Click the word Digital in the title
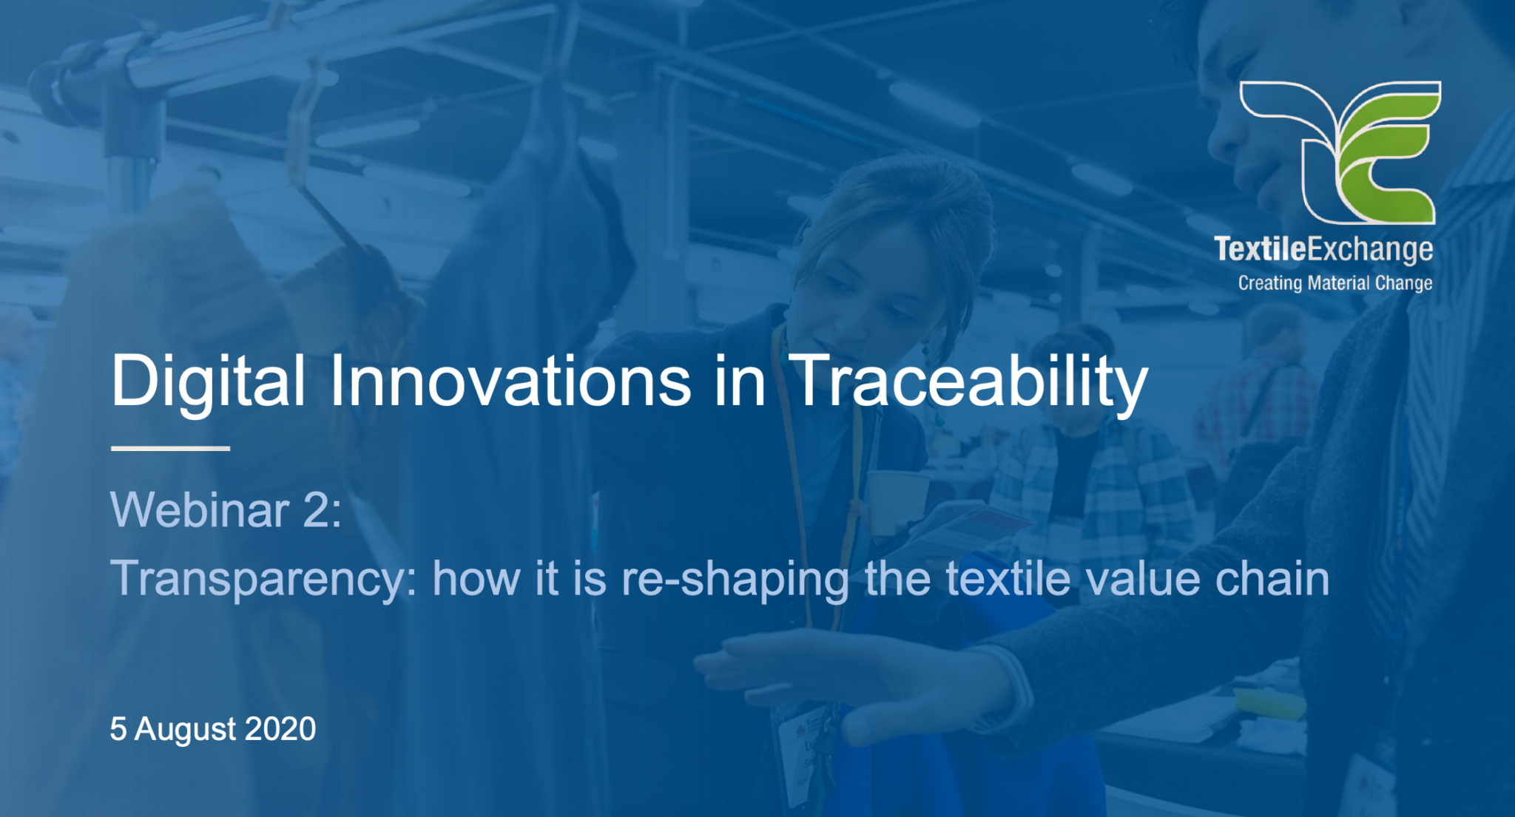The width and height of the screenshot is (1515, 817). (208, 382)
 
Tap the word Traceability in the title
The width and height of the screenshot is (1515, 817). (969, 382)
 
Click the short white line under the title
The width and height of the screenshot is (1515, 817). (170, 448)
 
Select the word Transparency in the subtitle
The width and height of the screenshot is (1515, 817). (263, 579)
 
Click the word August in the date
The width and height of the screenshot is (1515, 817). (185, 730)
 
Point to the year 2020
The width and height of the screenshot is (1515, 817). (280, 729)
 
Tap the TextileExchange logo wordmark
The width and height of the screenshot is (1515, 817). (1323, 250)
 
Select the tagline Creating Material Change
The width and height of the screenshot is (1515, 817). (1335, 283)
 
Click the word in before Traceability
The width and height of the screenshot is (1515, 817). (740, 382)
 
